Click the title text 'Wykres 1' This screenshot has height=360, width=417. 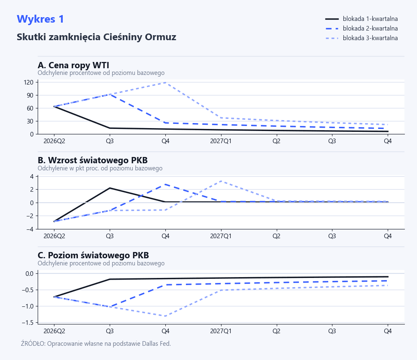point(40,19)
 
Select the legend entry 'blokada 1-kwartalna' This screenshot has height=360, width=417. point(370,19)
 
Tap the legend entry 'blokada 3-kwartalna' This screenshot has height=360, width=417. point(370,38)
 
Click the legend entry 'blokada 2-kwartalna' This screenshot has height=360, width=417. point(370,28)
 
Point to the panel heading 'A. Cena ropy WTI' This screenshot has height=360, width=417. point(73,65)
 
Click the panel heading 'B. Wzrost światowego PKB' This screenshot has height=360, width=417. point(93,160)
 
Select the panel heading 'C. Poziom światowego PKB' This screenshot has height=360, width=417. point(93,255)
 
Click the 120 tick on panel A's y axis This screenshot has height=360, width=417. point(28,82)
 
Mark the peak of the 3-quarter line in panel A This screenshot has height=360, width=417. point(165,82)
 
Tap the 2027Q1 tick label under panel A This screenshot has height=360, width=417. point(221,141)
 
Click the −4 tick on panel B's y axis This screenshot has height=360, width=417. point(31,229)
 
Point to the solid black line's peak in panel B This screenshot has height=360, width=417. point(110,188)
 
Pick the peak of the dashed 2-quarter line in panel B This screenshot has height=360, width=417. point(165,184)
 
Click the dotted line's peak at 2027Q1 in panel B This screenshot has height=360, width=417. point(221,181)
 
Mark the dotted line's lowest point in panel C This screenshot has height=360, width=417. point(165,316)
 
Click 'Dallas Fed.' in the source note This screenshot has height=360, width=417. point(156,344)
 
